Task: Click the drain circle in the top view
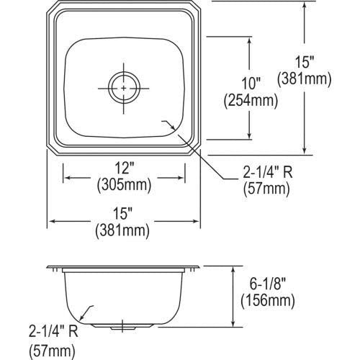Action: click(124, 74)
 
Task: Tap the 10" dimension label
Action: click(251, 84)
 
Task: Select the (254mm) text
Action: click(251, 101)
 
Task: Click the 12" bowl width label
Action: click(124, 168)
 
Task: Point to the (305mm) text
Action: click(124, 185)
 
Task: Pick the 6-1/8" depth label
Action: click(268, 284)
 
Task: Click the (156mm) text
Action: click(268, 302)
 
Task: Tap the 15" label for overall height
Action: click(305, 62)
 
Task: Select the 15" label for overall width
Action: click(123, 213)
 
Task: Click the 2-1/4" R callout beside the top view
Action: click(268, 172)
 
